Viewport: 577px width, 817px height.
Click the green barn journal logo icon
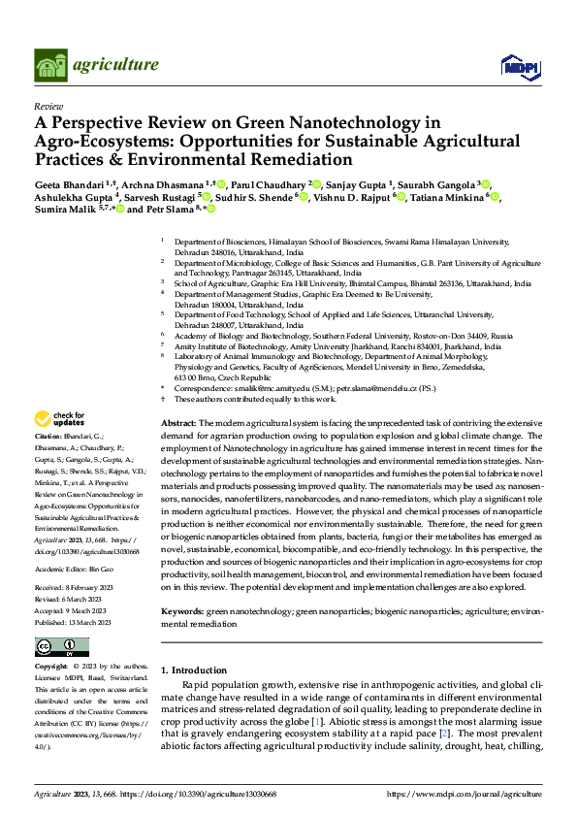click(x=53, y=65)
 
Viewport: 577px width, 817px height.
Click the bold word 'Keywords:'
click(x=183, y=612)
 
